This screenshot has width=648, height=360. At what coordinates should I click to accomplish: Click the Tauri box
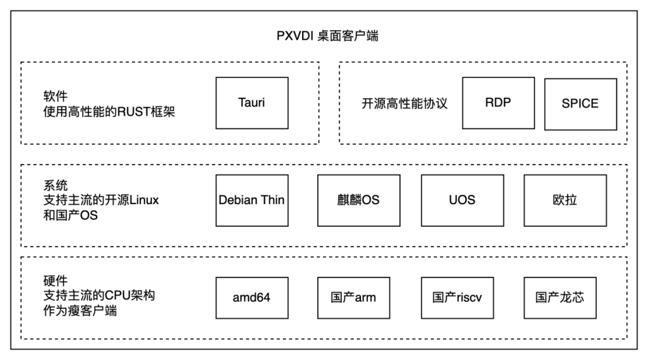(x=252, y=103)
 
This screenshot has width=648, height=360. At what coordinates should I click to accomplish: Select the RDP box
(x=498, y=103)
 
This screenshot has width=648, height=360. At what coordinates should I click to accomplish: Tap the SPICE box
(x=580, y=104)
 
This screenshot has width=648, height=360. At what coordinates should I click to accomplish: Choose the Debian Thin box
(x=252, y=200)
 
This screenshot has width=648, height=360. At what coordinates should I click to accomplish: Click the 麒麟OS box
(x=358, y=200)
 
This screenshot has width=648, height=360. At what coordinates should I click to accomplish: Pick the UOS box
(x=462, y=200)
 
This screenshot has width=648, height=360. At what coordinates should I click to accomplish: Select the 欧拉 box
(x=565, y=200)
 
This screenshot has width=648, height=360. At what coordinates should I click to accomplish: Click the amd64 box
(x=252, y=297)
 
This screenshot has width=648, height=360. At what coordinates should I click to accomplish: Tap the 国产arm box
(x=353, y=297)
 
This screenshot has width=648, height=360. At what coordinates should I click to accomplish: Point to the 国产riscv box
(x=457, y=297)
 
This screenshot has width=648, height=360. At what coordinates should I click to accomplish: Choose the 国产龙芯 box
(x=560, y=297)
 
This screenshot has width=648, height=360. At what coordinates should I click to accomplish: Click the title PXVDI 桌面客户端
(x=327, y=36)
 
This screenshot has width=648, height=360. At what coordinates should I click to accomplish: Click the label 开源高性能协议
(x=404, y=104)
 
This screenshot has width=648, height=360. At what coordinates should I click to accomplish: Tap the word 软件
(x=56, y=96)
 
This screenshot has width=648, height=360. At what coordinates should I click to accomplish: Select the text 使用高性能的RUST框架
(x=109, y=112)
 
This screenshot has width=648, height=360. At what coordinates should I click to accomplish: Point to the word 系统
(x=56, y=185)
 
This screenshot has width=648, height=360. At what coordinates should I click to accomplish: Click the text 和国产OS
(x=70, y=215)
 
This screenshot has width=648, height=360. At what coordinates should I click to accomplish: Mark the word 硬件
(x=56, y=281)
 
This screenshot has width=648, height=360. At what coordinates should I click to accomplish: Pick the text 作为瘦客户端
(x=80, y=311)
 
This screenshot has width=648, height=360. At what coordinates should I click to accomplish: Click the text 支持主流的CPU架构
(x=99, y=295)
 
